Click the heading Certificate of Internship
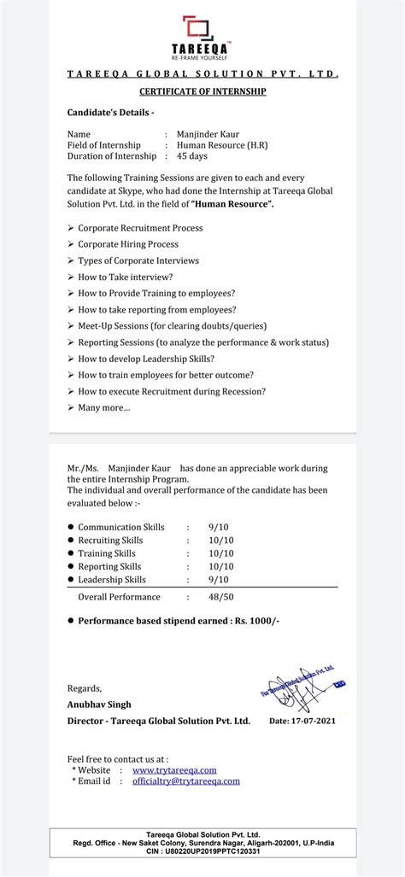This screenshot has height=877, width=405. click(x=202, y=91)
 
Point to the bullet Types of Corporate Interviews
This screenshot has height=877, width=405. click(x=138, y=260)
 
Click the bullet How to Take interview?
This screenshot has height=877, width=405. click(x=126, y=277)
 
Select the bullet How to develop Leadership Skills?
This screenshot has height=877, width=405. click(x=145, y=359)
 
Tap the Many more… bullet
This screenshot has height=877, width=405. click(x=104, y=407)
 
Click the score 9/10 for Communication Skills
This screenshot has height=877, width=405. click(x=219, y=527)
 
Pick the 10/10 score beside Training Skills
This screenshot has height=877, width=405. click(x=220, y=553)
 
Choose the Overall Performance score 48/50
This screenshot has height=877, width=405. click(x=220, y=597)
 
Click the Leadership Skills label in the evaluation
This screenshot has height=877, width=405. click(x=112, y=580)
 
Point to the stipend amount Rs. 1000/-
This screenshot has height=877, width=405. click(x=254, y=622)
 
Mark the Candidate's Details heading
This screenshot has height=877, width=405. click(x=111, y=113)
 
